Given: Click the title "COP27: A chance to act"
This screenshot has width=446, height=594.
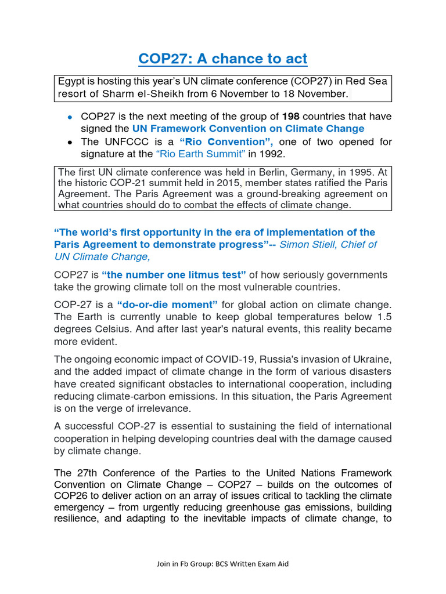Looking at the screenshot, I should pos(222,59).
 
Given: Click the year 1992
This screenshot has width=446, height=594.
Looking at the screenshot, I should pos(275,154).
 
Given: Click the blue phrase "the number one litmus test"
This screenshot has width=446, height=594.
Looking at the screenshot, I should pos(174,274).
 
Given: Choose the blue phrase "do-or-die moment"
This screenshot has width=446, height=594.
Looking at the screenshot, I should pos(167,305).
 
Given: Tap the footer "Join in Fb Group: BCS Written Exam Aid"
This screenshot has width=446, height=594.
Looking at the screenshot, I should pos(222,563).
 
